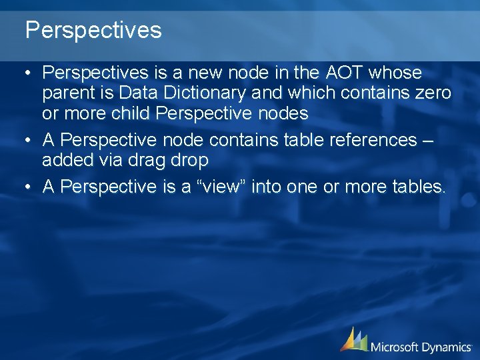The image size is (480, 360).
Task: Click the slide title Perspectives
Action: (93, 30)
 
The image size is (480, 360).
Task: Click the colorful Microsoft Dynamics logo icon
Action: (354, 339)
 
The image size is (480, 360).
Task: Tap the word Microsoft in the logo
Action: (398, 347)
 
